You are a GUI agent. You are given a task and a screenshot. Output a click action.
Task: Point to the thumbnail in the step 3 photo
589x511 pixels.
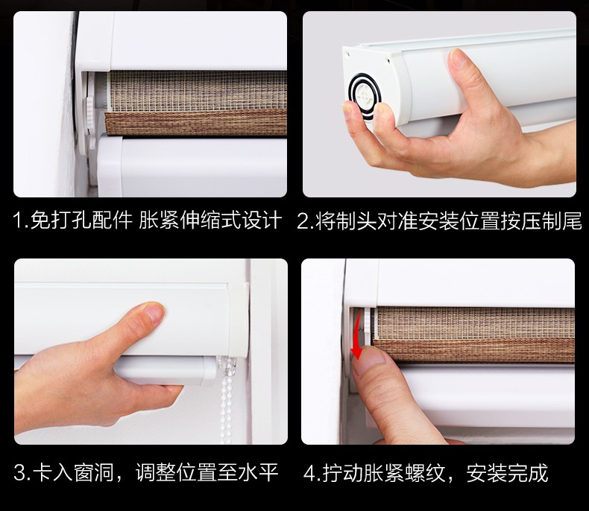154,312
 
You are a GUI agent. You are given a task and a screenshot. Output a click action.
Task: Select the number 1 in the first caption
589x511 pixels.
18,220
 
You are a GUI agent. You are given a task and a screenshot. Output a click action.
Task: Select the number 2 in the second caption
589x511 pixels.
303,221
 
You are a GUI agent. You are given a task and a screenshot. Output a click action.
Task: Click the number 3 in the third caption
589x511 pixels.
20,472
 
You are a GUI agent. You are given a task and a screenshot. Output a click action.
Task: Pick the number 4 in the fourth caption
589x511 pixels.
309,474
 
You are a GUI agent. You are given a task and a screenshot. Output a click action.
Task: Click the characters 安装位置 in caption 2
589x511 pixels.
459,221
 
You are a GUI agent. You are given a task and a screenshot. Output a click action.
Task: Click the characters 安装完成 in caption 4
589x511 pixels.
508,474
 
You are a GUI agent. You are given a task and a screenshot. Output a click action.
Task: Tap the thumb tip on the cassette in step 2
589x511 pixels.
459,57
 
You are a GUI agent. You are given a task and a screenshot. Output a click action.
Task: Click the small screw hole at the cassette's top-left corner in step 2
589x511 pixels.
348,54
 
